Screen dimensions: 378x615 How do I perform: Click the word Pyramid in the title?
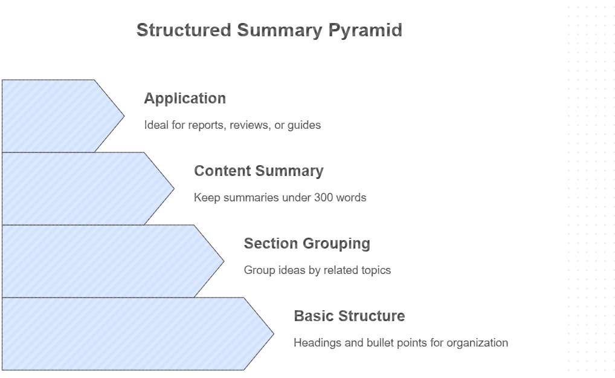click(x=365, y=30)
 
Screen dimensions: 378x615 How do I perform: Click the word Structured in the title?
click(x=184, y=30)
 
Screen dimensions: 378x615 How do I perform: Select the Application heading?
click(x=185, y=99)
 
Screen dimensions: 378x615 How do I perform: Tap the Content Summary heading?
click(x=259, y=171)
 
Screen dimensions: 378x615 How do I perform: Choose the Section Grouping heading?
click(x=307, y=244)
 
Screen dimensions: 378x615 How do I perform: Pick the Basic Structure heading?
click(x=349, y=316)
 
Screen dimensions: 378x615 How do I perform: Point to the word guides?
click(x=304, y=125)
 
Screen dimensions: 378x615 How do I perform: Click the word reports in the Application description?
click(x=205, y=125)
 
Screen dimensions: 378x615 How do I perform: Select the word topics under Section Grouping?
click(x=376, y=270)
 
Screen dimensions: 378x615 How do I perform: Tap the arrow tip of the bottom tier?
click(x=272, y=334)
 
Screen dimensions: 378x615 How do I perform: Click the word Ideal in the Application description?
click(x=155, y=125)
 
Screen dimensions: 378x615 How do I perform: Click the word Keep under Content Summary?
click(x=205, y=198)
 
